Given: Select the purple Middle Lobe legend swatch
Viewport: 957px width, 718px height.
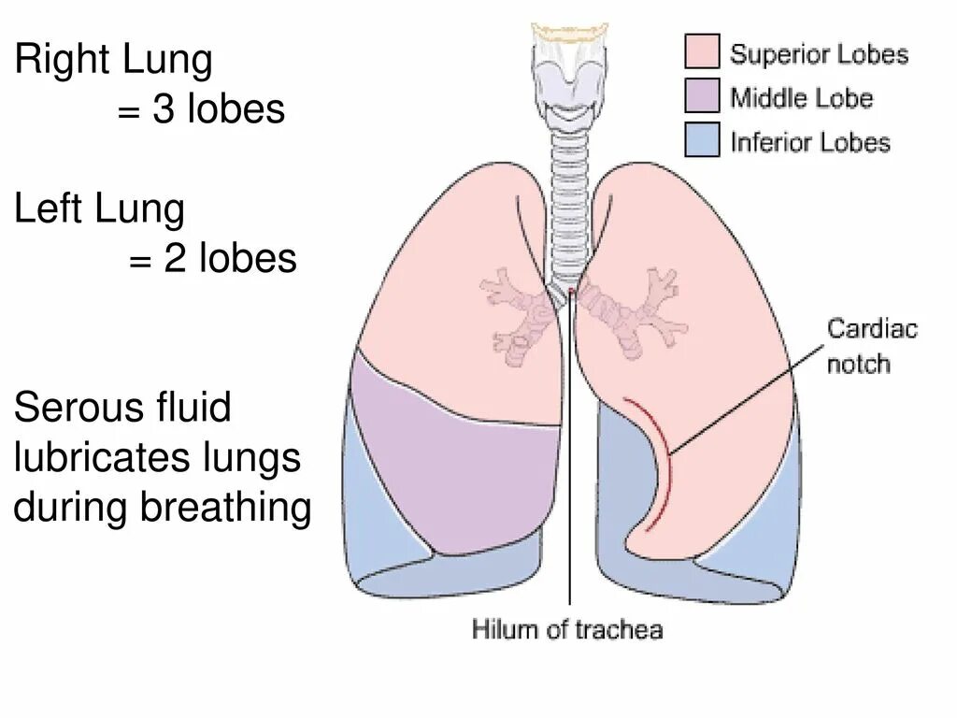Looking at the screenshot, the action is [x=703, y=95].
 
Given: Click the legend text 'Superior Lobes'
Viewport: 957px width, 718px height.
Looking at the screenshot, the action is [x=819, y=53].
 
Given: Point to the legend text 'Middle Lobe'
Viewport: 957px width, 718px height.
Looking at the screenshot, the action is [x=801, y=97].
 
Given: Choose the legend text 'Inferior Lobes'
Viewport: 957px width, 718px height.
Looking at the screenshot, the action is [x=809, y=142].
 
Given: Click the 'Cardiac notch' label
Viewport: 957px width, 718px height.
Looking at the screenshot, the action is [x=871, y=345].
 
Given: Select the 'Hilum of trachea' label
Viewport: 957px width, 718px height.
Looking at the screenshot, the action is [x=567, y=628].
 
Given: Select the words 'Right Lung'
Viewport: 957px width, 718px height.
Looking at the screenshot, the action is [x=113, y=62].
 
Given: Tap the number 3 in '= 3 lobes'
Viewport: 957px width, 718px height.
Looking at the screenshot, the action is [x=164, y=109].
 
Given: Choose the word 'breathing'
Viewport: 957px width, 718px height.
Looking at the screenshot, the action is [x=225, y=508].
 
